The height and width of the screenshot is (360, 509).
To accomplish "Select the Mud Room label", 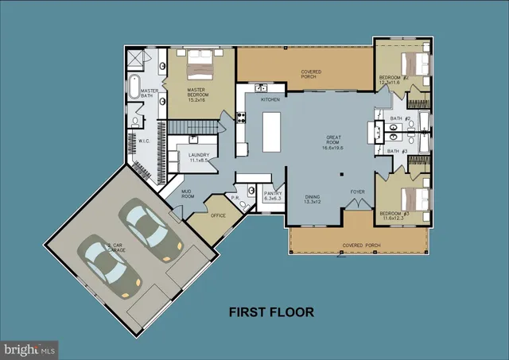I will pos(187,194).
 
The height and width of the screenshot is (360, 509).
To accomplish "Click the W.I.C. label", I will pos(145,142).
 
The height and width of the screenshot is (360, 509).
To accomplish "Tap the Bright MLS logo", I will pos(29,348).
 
